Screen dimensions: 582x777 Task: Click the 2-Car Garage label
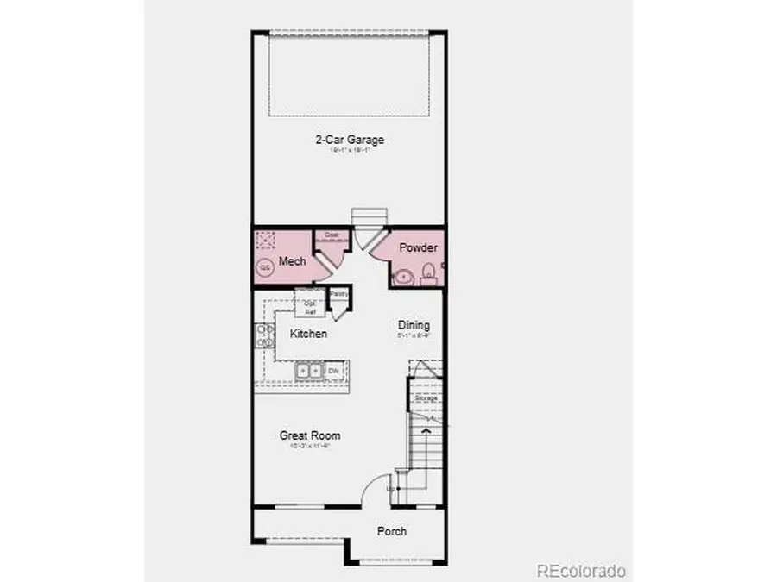[x=349, y=139]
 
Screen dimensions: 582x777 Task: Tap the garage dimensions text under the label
[x=349, y=150]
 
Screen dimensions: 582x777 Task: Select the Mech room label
[x=288, y=260]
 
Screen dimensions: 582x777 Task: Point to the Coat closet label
[x=331, y=234]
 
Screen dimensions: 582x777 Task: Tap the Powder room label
[x=418, y=247]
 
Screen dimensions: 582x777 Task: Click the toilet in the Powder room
[x=428, y=275]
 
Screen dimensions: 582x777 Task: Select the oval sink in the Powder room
[x=403, y=278]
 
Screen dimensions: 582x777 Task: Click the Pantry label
[x=339, y=294]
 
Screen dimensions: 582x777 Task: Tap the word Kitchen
[x=308, y=334]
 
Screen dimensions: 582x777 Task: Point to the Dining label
[x=413, y=325]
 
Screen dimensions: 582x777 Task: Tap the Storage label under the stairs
[x=426, y=398]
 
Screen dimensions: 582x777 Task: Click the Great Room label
[x=309, y=436]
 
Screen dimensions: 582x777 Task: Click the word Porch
[x=392, y=531]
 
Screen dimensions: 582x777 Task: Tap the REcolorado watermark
[x=580, y=570]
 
